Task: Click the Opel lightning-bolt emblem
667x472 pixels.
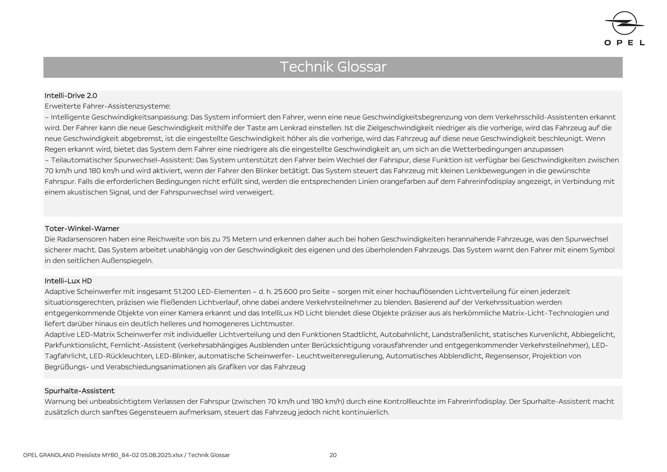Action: pos(624,23)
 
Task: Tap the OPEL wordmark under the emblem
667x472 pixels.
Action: pos(624,43)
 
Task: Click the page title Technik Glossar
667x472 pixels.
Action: pos(333,67)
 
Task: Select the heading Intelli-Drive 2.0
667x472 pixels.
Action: pos(71,96)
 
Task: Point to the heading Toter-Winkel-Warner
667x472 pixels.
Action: pos(82,229)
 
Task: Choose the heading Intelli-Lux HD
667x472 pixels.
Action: pos(68,281)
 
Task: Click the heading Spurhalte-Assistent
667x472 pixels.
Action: pos(80,391)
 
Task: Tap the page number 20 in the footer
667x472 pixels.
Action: pos(333,455)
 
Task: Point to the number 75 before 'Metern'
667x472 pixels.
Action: pos(226,239)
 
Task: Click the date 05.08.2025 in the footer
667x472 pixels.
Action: pos(156,455)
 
